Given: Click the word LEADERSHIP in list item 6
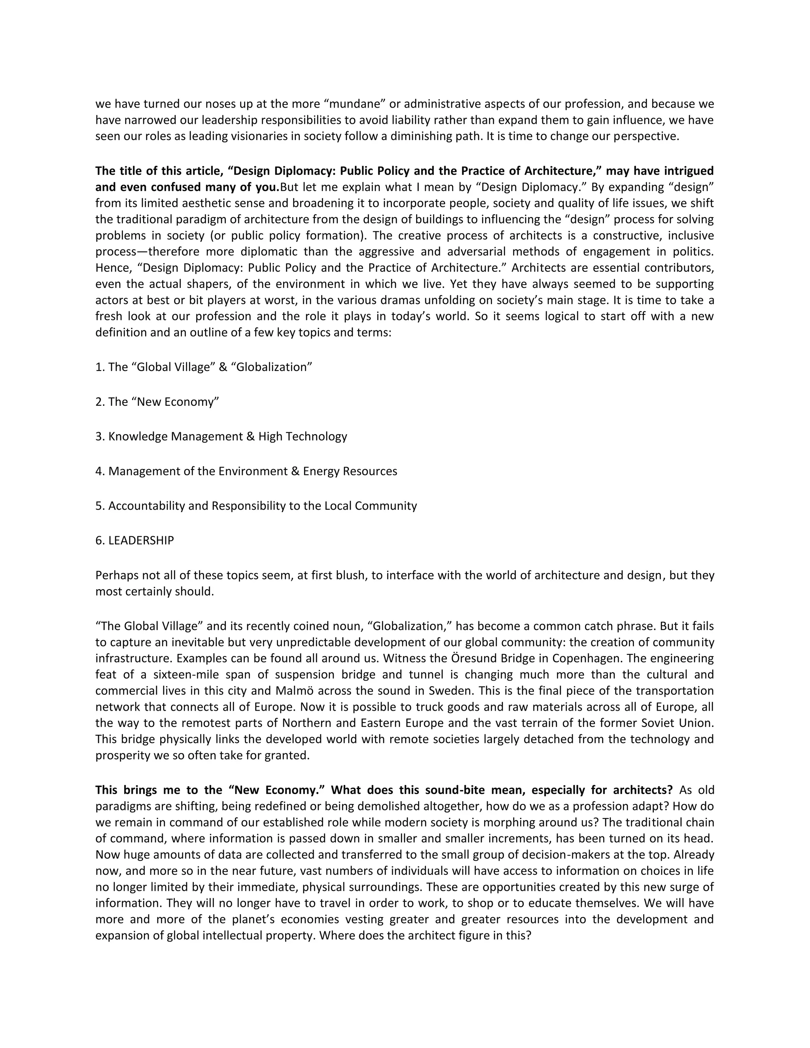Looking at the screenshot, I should pyautogui.click(x=141, y=540).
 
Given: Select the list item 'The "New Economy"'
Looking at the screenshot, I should pyautogui.click(x=157, y=402).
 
